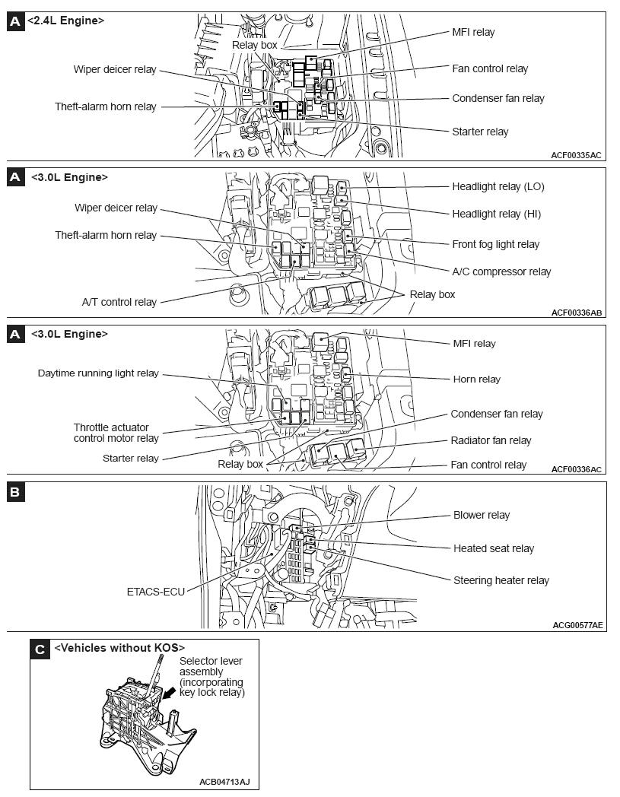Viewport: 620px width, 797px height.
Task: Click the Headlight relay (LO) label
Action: pos(498,186)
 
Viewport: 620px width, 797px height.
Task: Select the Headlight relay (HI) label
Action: pos(496,214)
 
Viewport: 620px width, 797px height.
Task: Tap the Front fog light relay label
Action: pos(495,244)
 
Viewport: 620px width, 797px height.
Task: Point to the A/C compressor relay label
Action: pos(501,271)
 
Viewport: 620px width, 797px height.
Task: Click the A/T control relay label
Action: pos(119,302)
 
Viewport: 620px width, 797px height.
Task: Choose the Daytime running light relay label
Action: pos(98,373)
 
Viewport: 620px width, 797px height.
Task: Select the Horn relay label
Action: pos(477,379)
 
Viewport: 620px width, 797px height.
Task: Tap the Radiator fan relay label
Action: pos(491,440)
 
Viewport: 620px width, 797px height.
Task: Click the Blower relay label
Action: pos(482,515)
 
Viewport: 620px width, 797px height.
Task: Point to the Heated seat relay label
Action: pos(494,548)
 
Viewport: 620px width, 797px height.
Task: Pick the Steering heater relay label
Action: pos(501,580)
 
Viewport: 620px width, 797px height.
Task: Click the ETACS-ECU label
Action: pos(155,591)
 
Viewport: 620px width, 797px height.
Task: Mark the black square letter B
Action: pos(15,493)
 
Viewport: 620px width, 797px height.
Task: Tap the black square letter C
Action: pos(40,649)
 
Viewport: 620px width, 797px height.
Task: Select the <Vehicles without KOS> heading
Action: pos(119,648)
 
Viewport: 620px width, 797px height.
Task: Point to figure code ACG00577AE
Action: pos(577,625)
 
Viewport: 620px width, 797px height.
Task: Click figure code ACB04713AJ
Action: pos(224,781)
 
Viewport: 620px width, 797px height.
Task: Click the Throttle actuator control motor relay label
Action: pos(116,433)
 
